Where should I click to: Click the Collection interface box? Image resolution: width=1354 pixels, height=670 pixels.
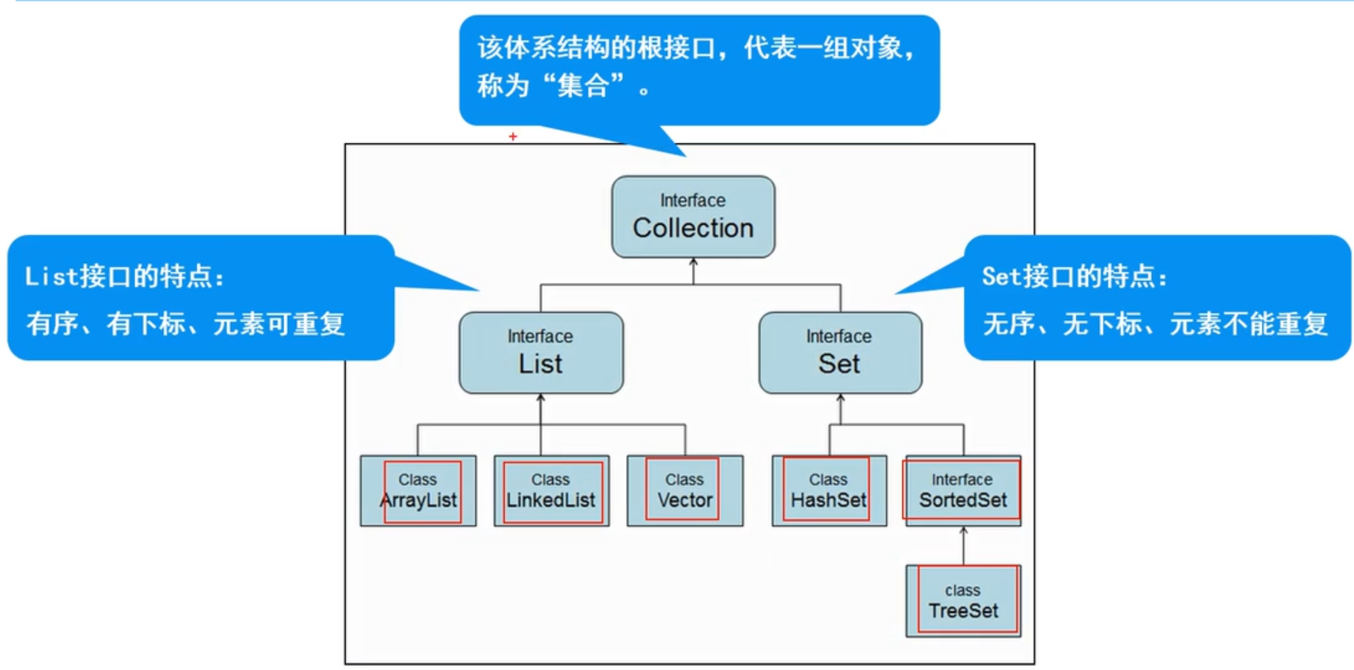click(x=693, y=217)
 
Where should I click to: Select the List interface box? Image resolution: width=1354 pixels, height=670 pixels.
click(x=540, y=353)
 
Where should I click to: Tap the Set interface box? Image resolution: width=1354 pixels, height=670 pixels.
click(x=840, y=353)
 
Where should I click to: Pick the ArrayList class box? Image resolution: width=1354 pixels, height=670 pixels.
click(x=418, y=491)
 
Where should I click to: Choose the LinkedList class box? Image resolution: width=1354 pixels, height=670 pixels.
click(x=551, y=491)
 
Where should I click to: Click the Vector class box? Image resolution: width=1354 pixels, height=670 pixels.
click(x=684, y=491)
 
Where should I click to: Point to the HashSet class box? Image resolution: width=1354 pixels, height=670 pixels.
click(x=828, y=491)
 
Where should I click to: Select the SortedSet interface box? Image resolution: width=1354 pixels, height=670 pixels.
click(x=963, y=491)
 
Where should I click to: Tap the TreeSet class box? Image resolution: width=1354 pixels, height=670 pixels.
click(x=963, y=601)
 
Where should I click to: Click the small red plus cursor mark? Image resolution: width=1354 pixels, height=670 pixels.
click(x=513, y=136)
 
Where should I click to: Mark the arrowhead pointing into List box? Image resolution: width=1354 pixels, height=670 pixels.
click(x=540, y=399)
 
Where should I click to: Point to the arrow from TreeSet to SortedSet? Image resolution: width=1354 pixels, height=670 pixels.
click(x=963, y=545)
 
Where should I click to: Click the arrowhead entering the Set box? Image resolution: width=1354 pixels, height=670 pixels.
click(x=841, y=399)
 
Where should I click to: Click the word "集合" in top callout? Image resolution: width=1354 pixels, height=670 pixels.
click(x=583, y=86)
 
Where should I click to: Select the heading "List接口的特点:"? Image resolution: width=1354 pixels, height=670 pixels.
click(x=125, y=277)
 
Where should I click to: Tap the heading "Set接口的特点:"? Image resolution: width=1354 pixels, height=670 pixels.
click(x=1074, y=277)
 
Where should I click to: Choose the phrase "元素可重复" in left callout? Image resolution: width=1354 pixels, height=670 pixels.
click(x=279, y=324)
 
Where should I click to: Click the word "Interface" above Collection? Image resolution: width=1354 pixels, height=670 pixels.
click(x=693, y=201)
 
